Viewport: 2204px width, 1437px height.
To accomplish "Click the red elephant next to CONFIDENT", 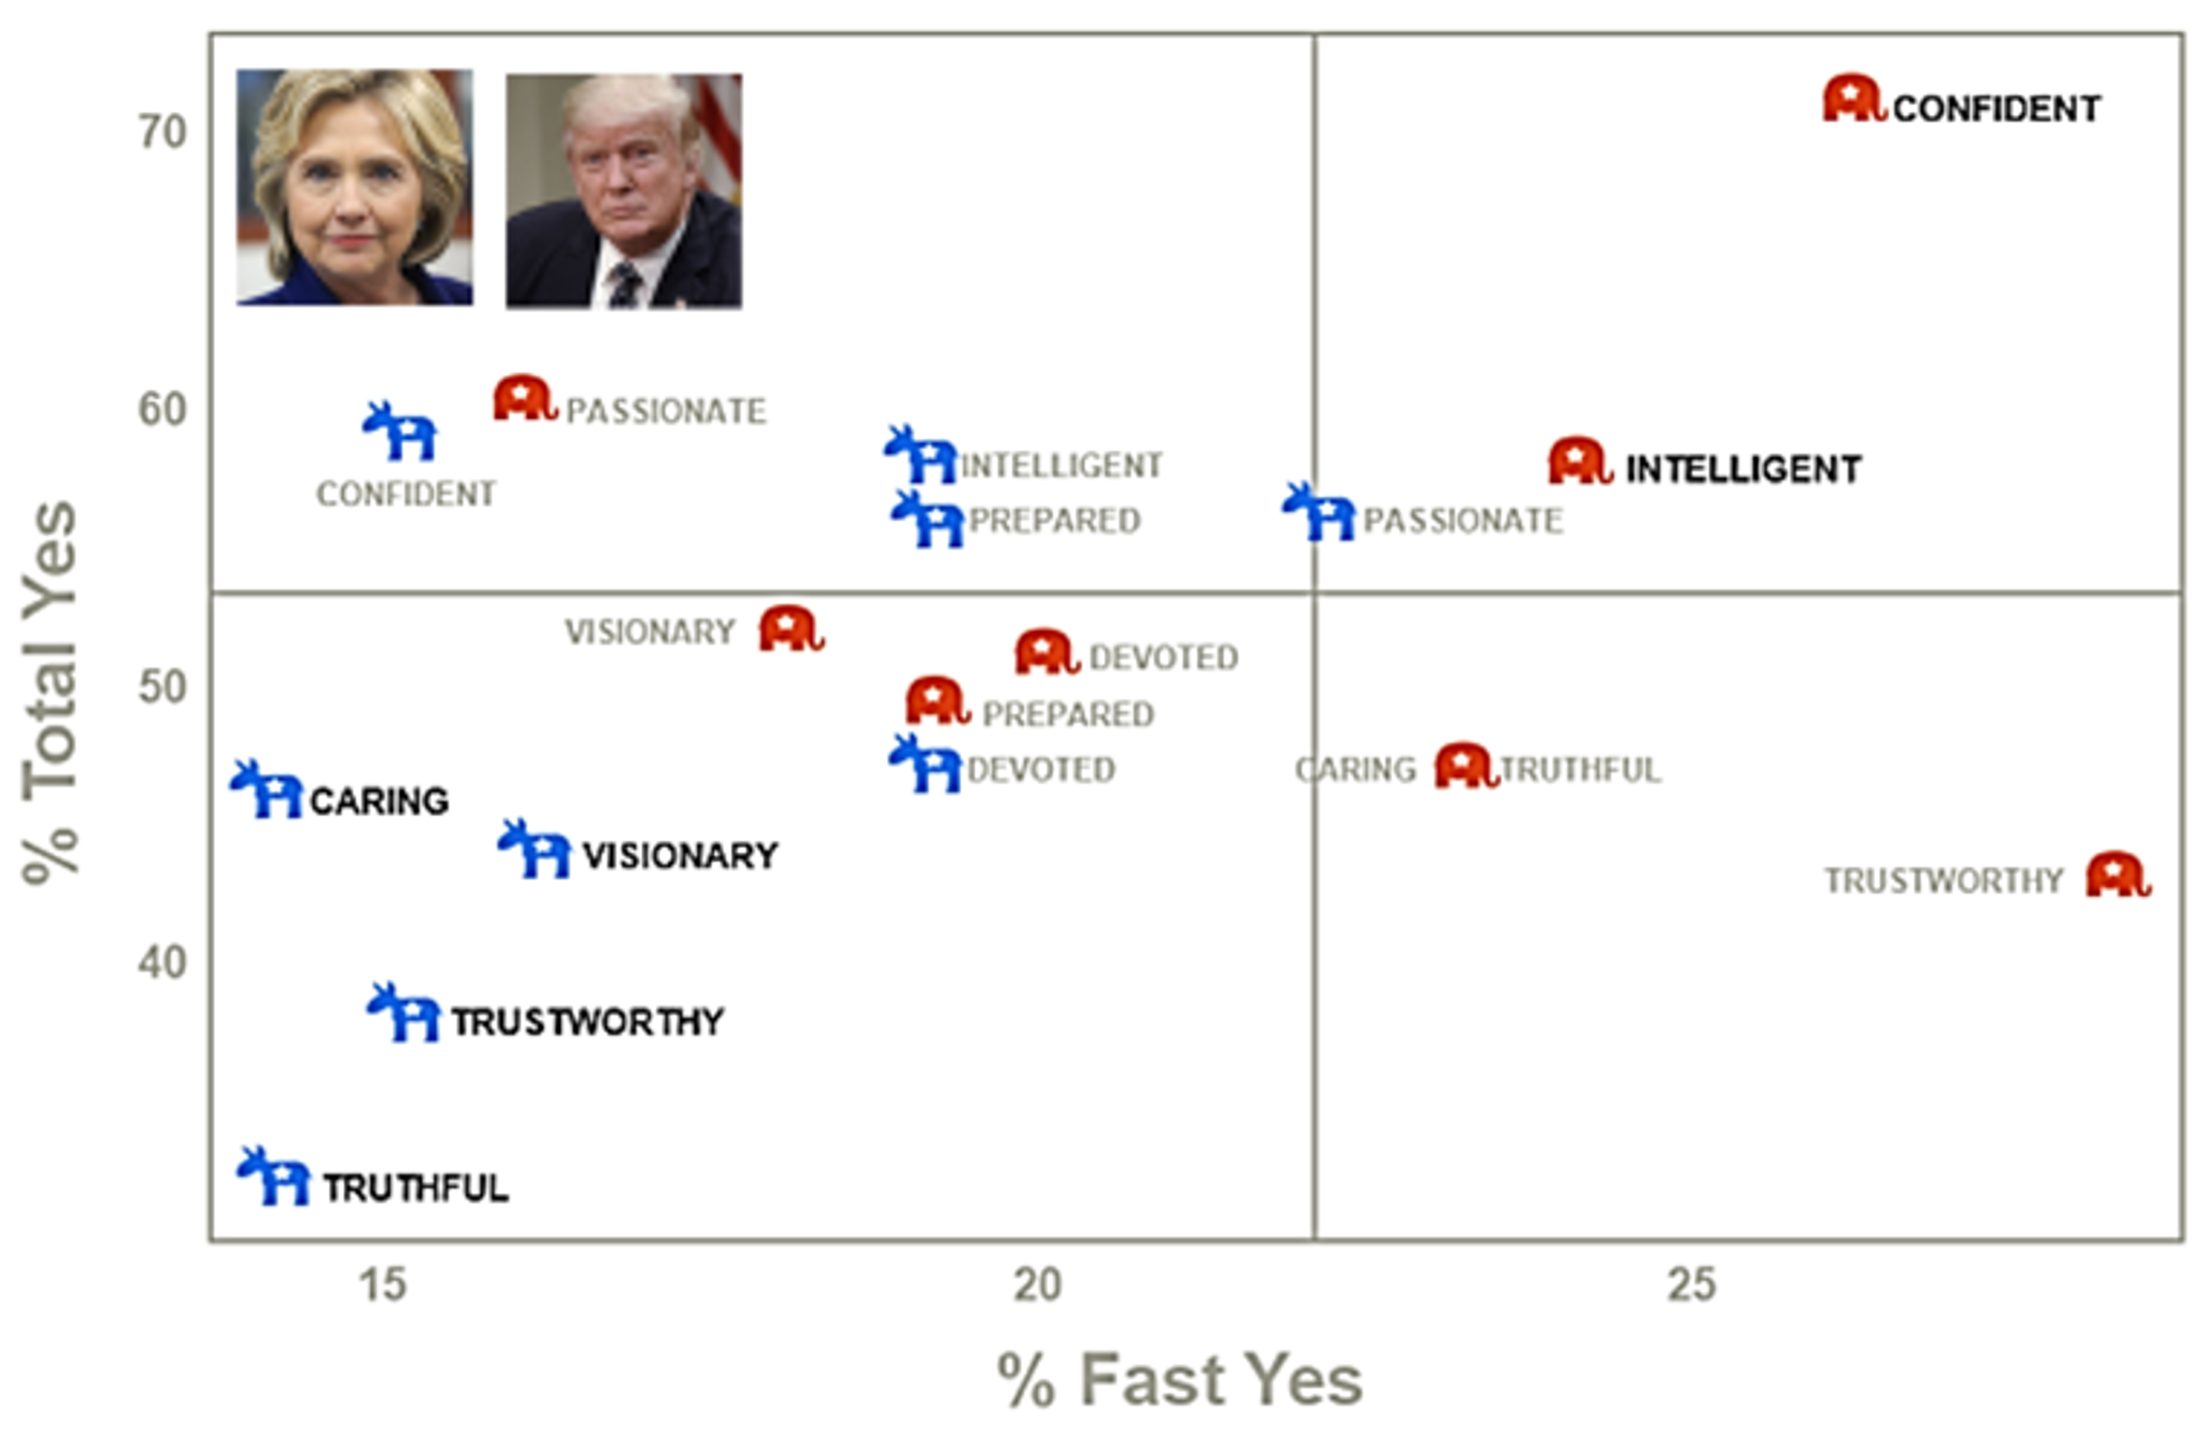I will (x=1853, y=99).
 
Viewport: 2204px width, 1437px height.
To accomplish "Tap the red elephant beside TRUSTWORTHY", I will (x=2117, y=875).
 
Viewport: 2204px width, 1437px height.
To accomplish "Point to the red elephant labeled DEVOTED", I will (x=1047, y=652).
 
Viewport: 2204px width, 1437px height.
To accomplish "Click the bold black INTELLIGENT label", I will (x=1743, y=470).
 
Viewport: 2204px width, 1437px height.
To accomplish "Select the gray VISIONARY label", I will (x=649, y=633).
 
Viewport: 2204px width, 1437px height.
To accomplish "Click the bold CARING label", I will (x=379, y=801).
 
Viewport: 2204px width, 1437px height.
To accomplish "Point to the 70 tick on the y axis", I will (x=163, y=133).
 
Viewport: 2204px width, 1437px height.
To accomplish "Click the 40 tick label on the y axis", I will (x=163, y=963).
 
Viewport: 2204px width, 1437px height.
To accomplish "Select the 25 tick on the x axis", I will (x=1691, y=1285).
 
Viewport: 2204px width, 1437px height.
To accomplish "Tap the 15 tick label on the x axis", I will (x=383, y=1285).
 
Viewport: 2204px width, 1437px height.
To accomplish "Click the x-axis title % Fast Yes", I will (x=1179, y=1381).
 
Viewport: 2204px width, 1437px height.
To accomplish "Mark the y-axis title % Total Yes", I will (x=50, y=693).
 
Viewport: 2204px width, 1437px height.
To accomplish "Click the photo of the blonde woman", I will (x=355, y=187).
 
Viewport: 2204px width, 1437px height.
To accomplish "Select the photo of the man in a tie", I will (x=624, y=191).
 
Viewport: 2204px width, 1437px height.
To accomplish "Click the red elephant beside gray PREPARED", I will (x=937, y=701).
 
